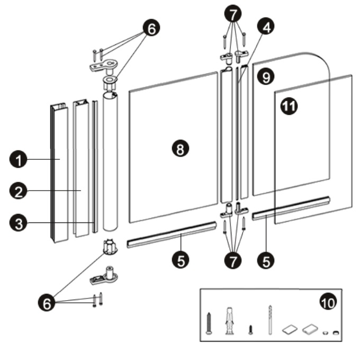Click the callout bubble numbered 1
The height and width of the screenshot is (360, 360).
19,159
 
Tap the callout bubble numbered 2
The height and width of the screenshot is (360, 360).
19,191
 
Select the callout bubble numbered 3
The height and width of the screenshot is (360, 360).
19,223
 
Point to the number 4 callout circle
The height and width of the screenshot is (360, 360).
266,27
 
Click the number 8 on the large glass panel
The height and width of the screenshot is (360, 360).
181,149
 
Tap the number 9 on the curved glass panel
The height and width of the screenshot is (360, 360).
266,77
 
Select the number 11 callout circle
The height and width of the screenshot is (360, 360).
289,106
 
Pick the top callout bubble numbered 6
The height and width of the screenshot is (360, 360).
151,28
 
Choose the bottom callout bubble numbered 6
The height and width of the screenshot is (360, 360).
47,303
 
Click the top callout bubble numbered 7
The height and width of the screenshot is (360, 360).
233,14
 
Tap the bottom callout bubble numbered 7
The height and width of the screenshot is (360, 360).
233,260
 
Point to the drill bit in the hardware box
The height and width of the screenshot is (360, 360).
270,320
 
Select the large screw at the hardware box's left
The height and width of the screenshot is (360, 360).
209,323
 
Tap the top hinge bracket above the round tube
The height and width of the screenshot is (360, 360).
104,65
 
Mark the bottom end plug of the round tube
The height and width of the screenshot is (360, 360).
111,246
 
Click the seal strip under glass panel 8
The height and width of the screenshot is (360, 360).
172,235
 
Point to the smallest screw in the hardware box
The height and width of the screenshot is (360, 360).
251,329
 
